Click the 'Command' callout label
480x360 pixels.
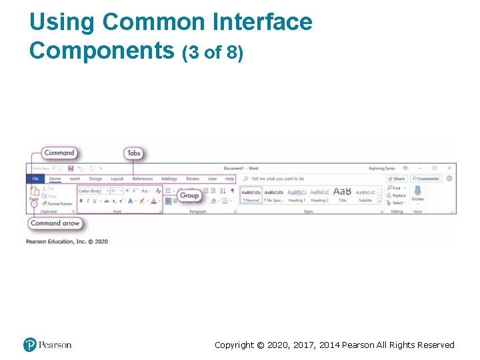click(59, 153)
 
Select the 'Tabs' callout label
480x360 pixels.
click(133, 153)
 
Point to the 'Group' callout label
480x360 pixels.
click(189, 195)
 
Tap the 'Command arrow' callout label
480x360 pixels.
click(55, 223)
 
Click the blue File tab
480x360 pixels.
click(35, 179)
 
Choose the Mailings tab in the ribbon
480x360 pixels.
click(169, 179)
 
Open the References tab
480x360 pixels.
click(142, 179)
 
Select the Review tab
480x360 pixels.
click(193, 179)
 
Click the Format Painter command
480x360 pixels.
click(58, 204)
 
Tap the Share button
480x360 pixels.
click(397, 179)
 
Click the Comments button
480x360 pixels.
click(425, 179)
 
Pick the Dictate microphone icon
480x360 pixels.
click(417, 191)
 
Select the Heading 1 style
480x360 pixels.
click(296, 195)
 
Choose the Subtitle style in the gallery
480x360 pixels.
click(365, 195)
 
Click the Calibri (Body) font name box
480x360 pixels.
click(92, 191)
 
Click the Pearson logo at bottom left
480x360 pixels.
click(47, 345)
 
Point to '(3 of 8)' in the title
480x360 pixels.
click(213, 52)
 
